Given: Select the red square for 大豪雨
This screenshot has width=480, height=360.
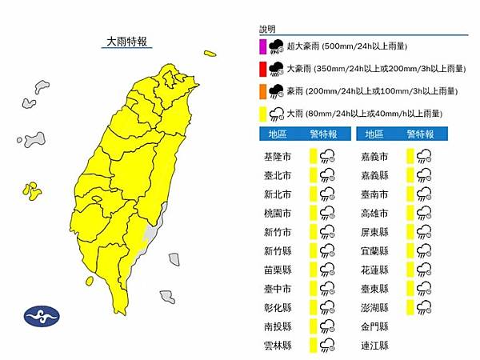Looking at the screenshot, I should [x=262, y=69].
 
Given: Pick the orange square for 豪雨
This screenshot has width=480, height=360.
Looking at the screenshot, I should [x=262, y=90].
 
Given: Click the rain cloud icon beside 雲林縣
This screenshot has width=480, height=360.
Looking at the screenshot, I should [x=326, y=346].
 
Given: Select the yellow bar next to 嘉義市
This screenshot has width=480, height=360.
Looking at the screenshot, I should [x=410, y=156].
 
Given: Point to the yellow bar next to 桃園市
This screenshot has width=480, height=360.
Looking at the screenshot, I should [x=313, y=214].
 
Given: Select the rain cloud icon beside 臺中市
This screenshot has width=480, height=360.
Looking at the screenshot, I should [x=326, y=289].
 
